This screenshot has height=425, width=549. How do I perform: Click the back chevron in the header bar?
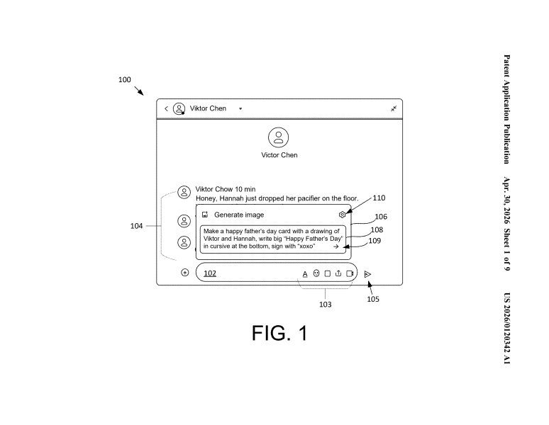[166, 108]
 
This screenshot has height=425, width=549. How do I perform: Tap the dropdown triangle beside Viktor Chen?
[240, 108]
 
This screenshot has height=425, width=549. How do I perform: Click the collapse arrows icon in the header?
[394, 108]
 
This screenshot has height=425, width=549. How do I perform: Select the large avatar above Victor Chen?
[278, 137]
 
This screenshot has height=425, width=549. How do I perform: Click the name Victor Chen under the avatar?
[279, 155]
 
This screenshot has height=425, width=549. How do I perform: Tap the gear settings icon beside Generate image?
[342, 215]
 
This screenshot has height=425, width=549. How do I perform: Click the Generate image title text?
[239, 215]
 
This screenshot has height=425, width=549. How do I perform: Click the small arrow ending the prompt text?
[335, 246]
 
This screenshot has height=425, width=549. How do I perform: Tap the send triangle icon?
[367, 274]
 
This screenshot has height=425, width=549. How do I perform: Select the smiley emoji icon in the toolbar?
[316, 273]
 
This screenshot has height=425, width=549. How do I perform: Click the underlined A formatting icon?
[305, 274]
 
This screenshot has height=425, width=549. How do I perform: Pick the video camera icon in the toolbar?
[350, 273]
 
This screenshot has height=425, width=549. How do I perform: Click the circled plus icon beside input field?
[185, 272]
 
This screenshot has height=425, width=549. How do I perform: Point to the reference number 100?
[125, 79]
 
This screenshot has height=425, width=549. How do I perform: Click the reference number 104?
[137, 226]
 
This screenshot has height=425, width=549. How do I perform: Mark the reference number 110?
[379, 198]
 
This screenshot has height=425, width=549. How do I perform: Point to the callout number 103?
[326, 305]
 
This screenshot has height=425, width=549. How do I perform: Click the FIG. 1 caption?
[279, 333]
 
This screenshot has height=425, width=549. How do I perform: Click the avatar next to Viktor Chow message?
[184, 192]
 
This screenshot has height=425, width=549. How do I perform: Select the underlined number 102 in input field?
[210, 273]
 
